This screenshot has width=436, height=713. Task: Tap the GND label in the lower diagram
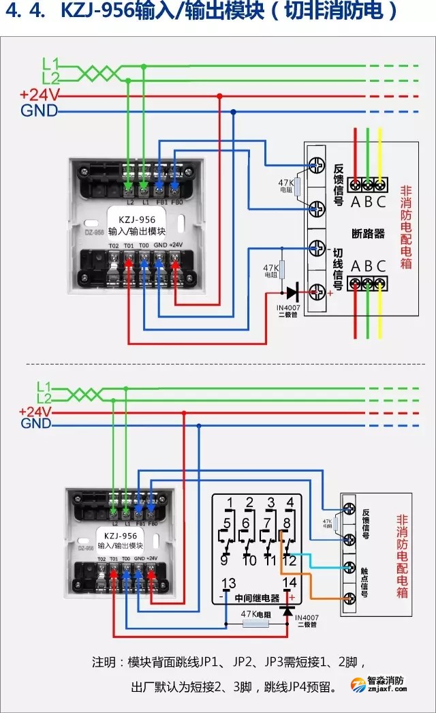pyautogui.click(x=36, y=424)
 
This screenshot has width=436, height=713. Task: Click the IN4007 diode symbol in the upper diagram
pyautogui.click(x=292, y=293)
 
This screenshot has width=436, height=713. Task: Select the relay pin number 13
pyautogui.click(x=230, y=583)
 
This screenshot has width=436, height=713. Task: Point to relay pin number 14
pyautogui.click(x=290, y=583)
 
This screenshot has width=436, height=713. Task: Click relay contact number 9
pyautogui.click(x=224, y=560)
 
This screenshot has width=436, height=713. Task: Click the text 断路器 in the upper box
pyautogui.click(x=369, y=233)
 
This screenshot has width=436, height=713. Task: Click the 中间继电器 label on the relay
pyautogui.click(x=257, y=598)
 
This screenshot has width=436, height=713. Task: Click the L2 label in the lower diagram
pyautogui.click(x=44, y=398)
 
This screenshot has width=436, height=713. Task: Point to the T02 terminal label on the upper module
pyautogui.click(x=113, y=245)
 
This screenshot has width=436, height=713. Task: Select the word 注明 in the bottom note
pyautogui.click(x=106, y=662)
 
